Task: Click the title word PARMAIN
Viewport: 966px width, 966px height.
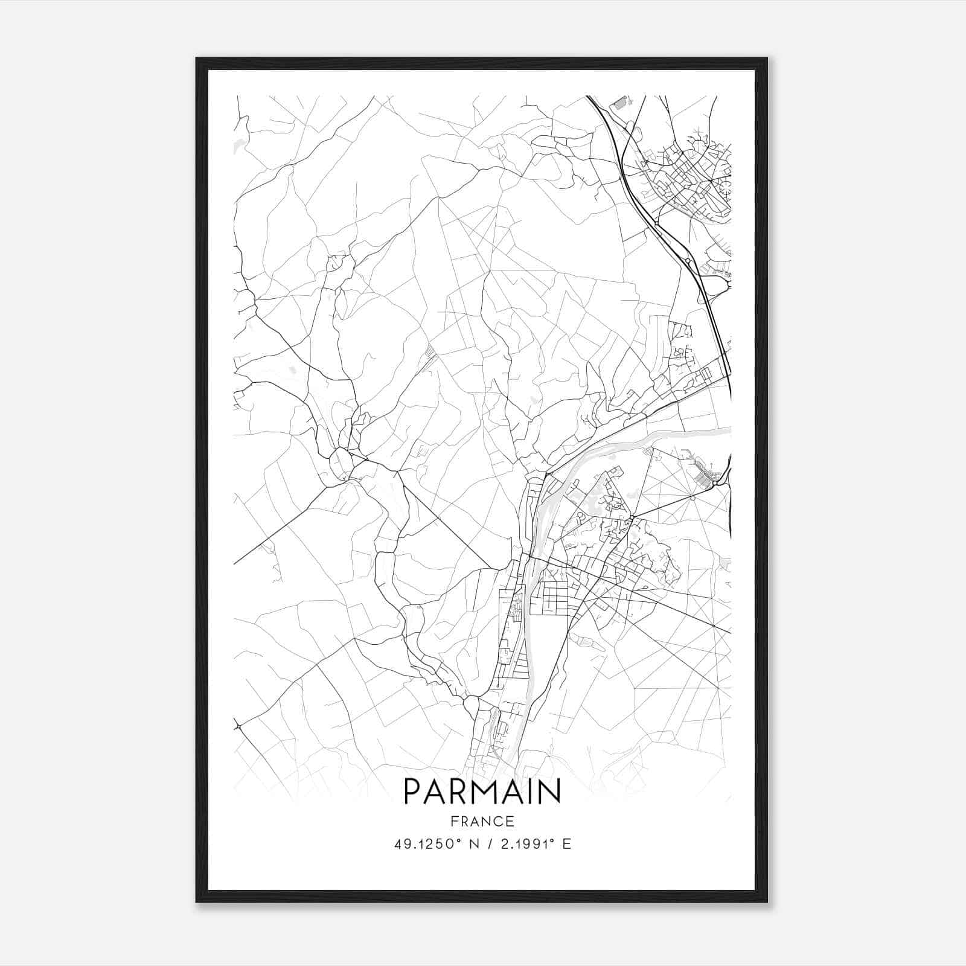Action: pos(482,792)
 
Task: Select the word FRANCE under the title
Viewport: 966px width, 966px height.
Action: pos(482,821)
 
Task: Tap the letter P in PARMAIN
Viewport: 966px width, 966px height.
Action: pos(412,792)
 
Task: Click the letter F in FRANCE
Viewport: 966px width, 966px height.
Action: pos(453,821)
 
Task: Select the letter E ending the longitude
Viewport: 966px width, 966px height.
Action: pos(566,844)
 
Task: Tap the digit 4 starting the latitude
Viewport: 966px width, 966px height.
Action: pos(398,844)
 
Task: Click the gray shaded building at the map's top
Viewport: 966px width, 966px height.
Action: pos(619,104)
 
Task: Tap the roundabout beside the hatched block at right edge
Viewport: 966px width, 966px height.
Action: pos(715,483)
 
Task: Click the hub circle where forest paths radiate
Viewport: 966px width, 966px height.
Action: pos(693,498)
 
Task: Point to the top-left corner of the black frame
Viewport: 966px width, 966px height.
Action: pos(197,59)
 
